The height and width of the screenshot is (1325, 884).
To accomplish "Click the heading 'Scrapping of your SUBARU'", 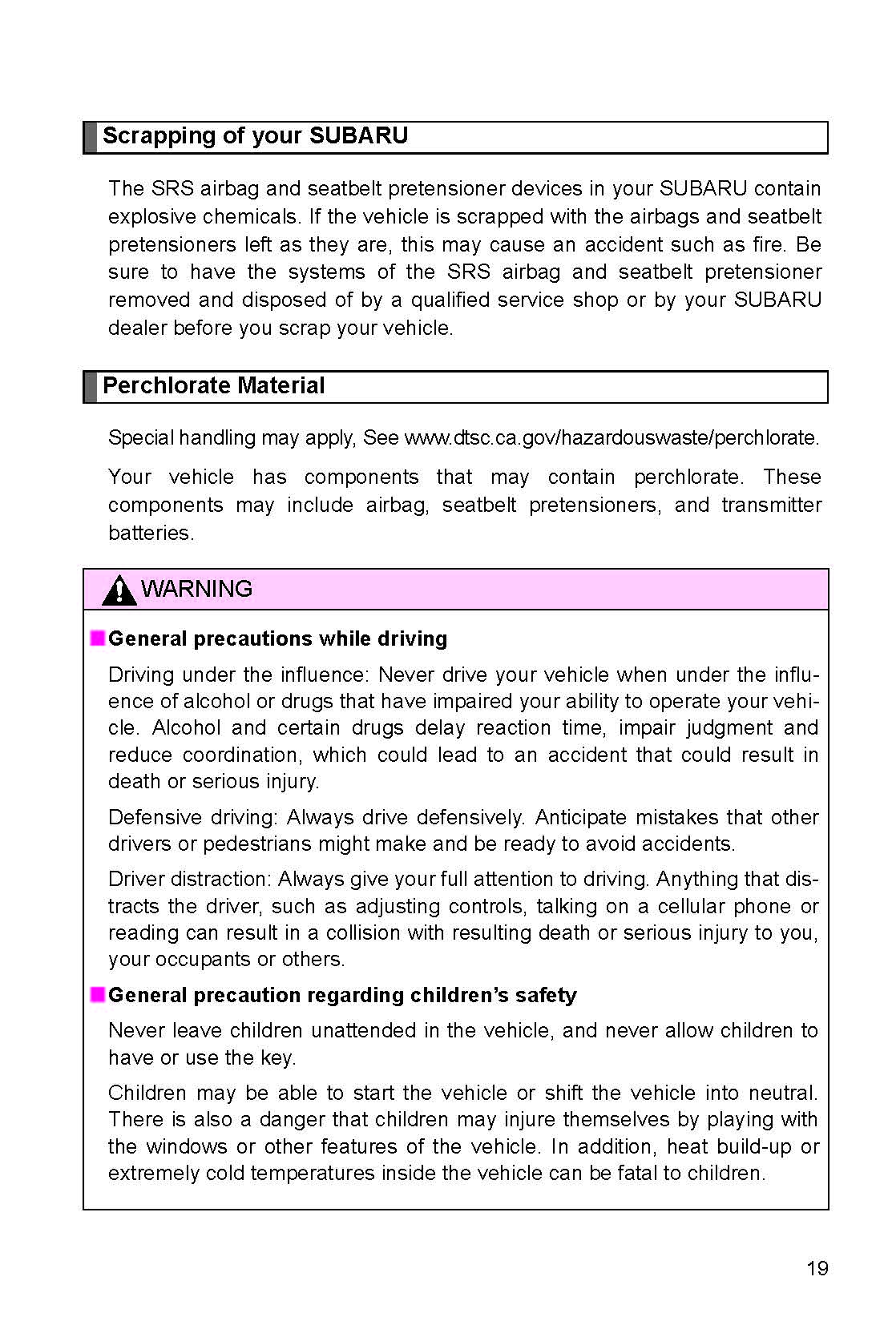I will coord(255,135).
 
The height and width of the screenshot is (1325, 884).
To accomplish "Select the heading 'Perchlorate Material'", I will coord(213,385).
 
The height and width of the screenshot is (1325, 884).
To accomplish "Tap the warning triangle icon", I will coord(119,590).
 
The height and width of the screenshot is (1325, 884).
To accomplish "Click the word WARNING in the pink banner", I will coord(196,589).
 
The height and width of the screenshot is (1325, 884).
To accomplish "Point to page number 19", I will coord(817,1268).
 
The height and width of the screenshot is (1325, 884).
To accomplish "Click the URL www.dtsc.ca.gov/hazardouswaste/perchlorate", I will coord(612,438).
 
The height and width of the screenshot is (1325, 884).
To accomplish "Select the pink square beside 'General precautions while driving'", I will coord(98,638).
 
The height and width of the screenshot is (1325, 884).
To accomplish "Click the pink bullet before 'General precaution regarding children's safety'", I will coord(98,995).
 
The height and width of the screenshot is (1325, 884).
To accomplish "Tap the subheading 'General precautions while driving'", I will coord(277,638).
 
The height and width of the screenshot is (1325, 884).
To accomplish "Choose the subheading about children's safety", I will coord(342,995).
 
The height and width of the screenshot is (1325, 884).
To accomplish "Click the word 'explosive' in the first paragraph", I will coord(151,217).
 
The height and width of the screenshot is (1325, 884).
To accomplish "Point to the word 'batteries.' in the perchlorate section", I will coord(151,533).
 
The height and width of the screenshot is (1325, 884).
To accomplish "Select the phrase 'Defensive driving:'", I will coord(193,817).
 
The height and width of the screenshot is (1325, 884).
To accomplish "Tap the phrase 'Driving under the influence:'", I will coord(238,675).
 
